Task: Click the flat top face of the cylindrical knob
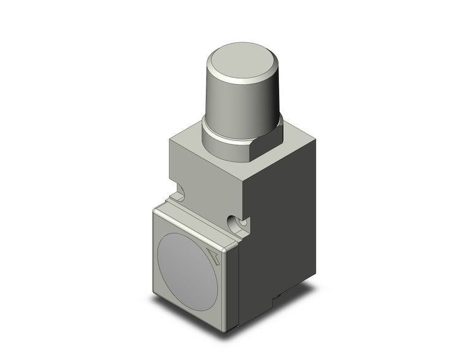point(243,61)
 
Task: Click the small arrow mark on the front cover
point(215,257)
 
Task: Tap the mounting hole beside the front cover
point(236,222)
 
